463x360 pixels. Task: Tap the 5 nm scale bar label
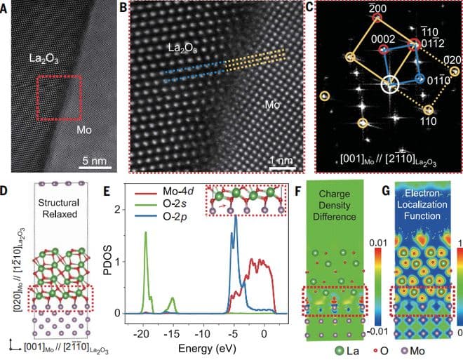95,161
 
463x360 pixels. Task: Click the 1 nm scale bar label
282,161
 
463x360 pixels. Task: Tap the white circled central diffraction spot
388,85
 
